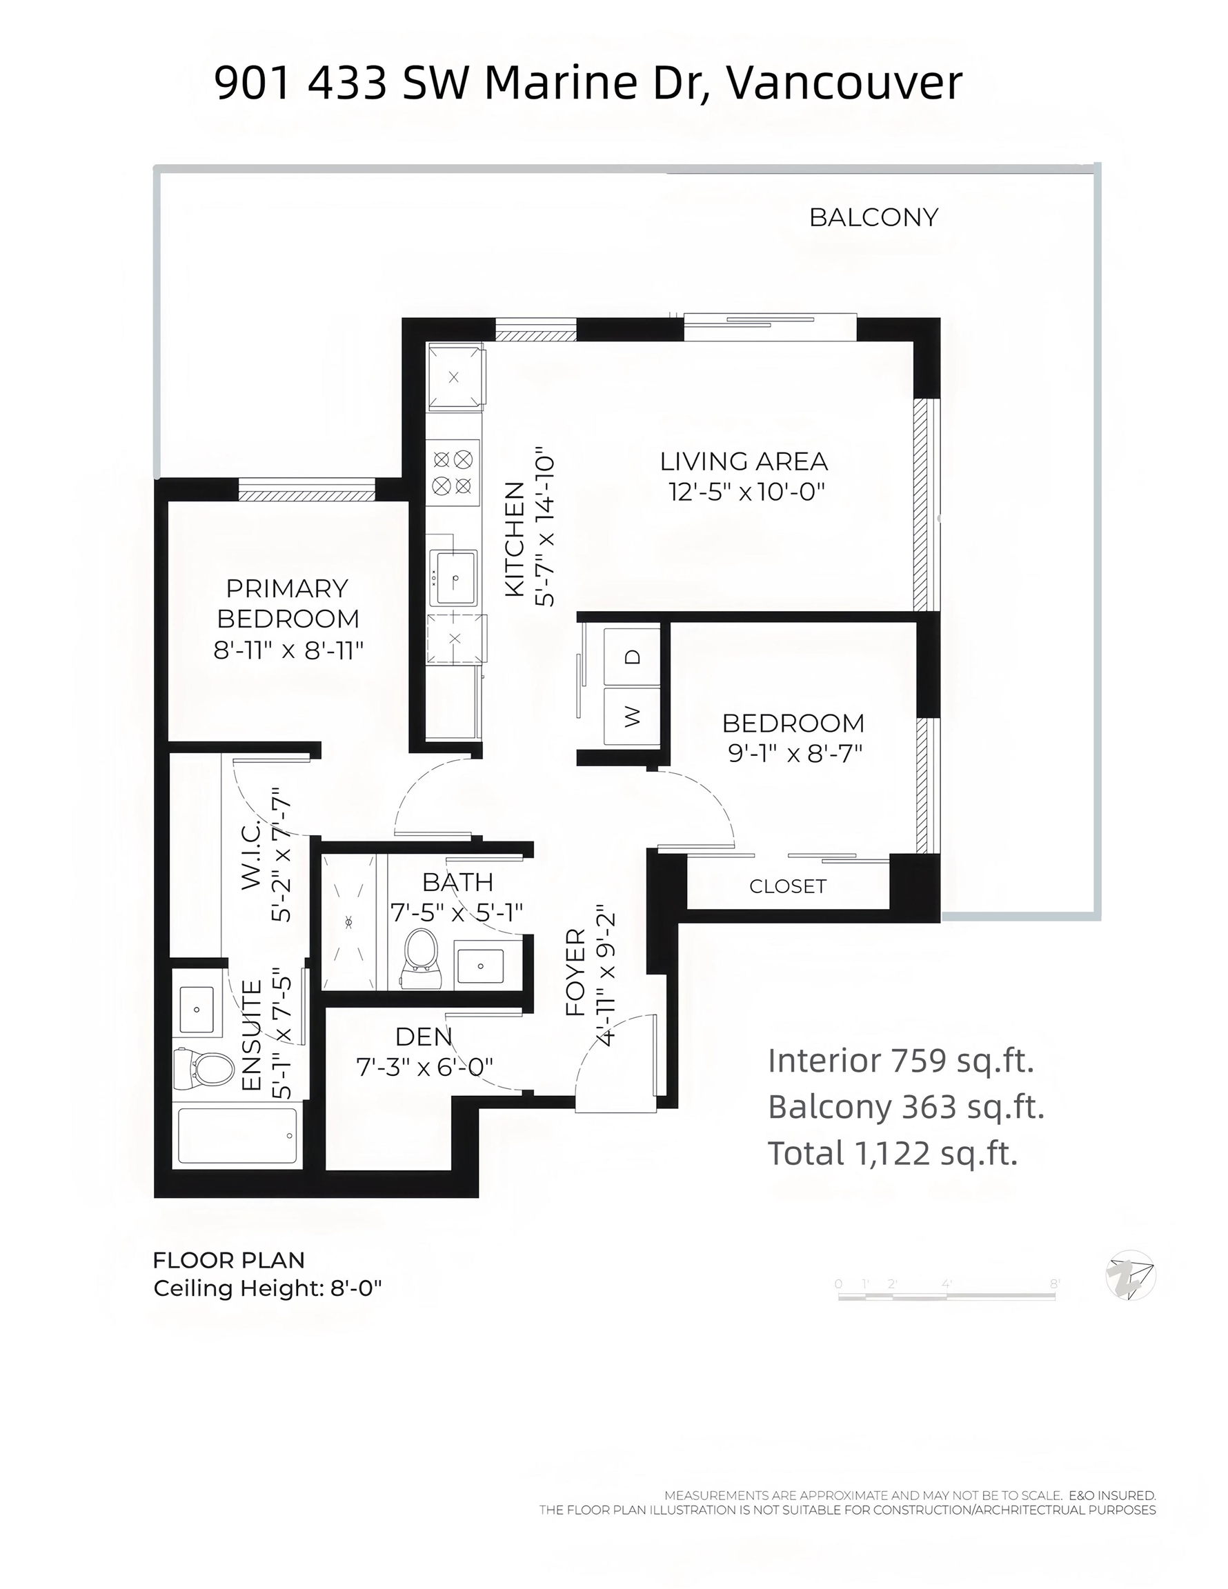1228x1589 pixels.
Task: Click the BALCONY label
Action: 873,217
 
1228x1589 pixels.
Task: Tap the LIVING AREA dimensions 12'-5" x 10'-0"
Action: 747,492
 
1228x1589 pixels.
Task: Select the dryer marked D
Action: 632,656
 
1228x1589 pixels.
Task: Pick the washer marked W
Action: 632,716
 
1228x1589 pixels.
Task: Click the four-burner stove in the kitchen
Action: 453,472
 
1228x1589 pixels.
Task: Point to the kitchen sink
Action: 454,579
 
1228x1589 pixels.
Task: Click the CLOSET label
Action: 788,886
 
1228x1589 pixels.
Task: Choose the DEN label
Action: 424,1036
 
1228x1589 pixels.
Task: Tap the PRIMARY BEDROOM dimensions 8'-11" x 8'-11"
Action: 288,650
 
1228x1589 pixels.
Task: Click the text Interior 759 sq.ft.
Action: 901,1061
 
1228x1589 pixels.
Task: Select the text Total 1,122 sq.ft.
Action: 893,1153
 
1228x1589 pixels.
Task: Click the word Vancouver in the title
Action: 844,83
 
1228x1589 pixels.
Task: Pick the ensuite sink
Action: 197,1010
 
